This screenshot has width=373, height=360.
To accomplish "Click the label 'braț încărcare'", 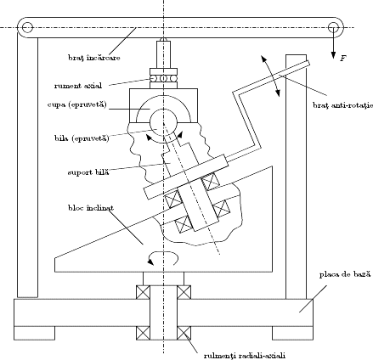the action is click(94, 58).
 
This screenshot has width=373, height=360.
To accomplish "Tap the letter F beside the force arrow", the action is click(343, 59).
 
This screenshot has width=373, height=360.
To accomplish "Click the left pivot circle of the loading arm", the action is click(27, 27).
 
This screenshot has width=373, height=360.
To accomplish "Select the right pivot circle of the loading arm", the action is click(333, 27).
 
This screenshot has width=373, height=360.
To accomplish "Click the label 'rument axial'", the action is click(78, 86).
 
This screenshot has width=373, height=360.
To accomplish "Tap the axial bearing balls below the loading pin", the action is click(164, 78).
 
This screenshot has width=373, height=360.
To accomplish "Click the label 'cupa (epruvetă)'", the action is click(77, 104).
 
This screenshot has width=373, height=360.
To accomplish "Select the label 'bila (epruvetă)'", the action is click(82, 138).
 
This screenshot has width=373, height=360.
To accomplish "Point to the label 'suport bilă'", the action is click(88, 172).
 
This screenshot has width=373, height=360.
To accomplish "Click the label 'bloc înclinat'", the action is click(91, 208).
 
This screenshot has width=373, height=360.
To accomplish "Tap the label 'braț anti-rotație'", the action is click(342, 105).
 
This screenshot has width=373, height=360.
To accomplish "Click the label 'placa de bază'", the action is click(345, 274).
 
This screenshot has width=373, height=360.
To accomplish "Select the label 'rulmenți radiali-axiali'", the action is click(245, 356).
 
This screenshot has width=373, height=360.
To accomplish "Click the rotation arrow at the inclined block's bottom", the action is click(162, 257).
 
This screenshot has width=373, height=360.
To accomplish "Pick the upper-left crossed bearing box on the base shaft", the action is click(143, 292).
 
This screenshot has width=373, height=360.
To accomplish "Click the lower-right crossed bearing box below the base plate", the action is click(184, 333).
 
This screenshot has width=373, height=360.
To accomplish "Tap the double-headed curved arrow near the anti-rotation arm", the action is click(271, 76).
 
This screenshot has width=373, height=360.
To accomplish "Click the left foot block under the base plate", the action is click(34, 333).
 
